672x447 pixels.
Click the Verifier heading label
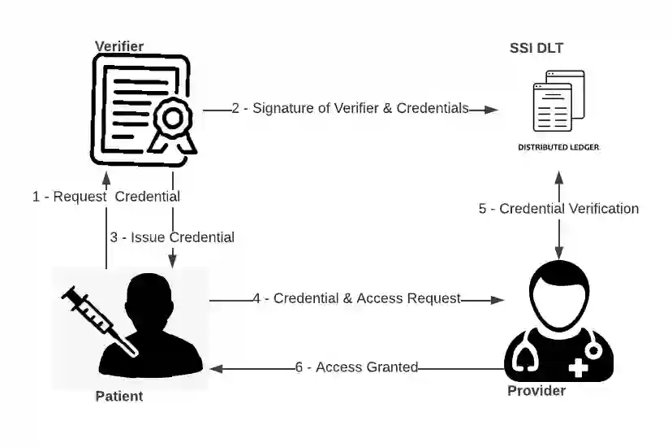118,46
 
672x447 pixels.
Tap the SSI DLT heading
536,49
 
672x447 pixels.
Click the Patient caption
119,397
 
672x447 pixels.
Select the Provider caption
536,391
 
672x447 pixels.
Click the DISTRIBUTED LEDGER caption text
558,148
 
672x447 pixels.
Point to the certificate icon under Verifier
140,111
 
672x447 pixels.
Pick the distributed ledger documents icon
558,101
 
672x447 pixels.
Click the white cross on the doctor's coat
579,368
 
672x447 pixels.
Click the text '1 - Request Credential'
106,197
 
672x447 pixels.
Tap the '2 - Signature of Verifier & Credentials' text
350,108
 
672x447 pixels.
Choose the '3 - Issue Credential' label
172,237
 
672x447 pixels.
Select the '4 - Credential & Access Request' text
356,298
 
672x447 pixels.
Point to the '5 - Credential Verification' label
558,209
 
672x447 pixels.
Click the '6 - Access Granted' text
356,367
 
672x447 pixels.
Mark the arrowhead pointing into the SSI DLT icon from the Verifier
489,108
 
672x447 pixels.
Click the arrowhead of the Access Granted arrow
217,367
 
